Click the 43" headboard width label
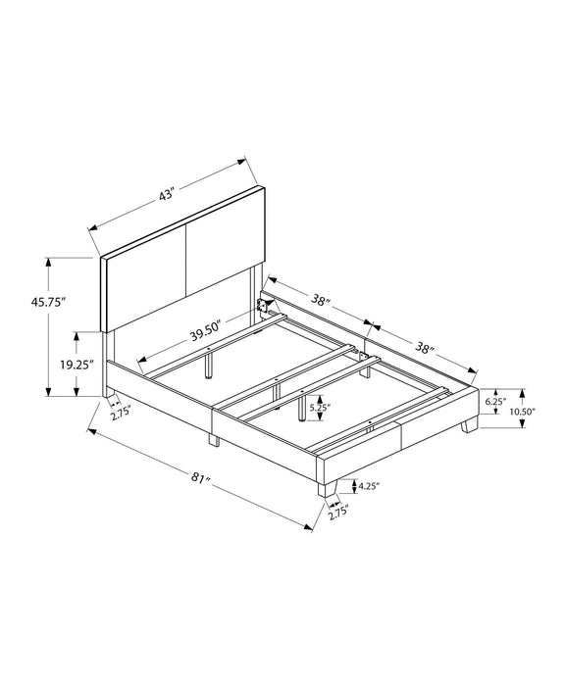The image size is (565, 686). [167, 195]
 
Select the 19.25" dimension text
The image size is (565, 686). [77, 365]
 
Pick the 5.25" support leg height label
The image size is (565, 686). [320, 408]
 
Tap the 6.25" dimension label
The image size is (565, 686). [495, 401]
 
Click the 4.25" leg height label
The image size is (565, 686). [369, 486]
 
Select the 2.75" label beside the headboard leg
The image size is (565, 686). [121, 413]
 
